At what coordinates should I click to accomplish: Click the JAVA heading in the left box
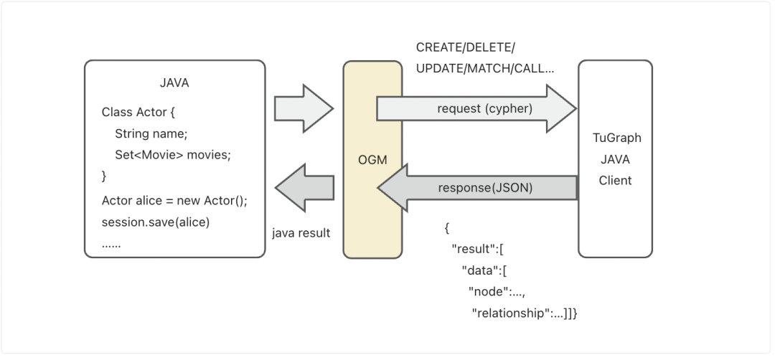pos(174,83)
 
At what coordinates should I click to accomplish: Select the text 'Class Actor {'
pos(138,113)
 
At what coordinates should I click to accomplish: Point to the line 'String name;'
pos(151,133)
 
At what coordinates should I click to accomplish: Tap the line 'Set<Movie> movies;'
pos(173,155)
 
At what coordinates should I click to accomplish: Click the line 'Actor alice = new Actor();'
pos(174,200)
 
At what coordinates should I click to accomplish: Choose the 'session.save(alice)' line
pos(156,222)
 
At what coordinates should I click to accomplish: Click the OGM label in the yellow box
pos(372,160)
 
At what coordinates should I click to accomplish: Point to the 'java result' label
pos(301,233)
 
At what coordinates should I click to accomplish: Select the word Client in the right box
pos(615,180)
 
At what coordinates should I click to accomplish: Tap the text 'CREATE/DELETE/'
pos(466,48)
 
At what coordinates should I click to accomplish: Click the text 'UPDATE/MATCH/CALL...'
pos(485,70)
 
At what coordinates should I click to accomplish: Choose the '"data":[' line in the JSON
pos(485,270)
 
